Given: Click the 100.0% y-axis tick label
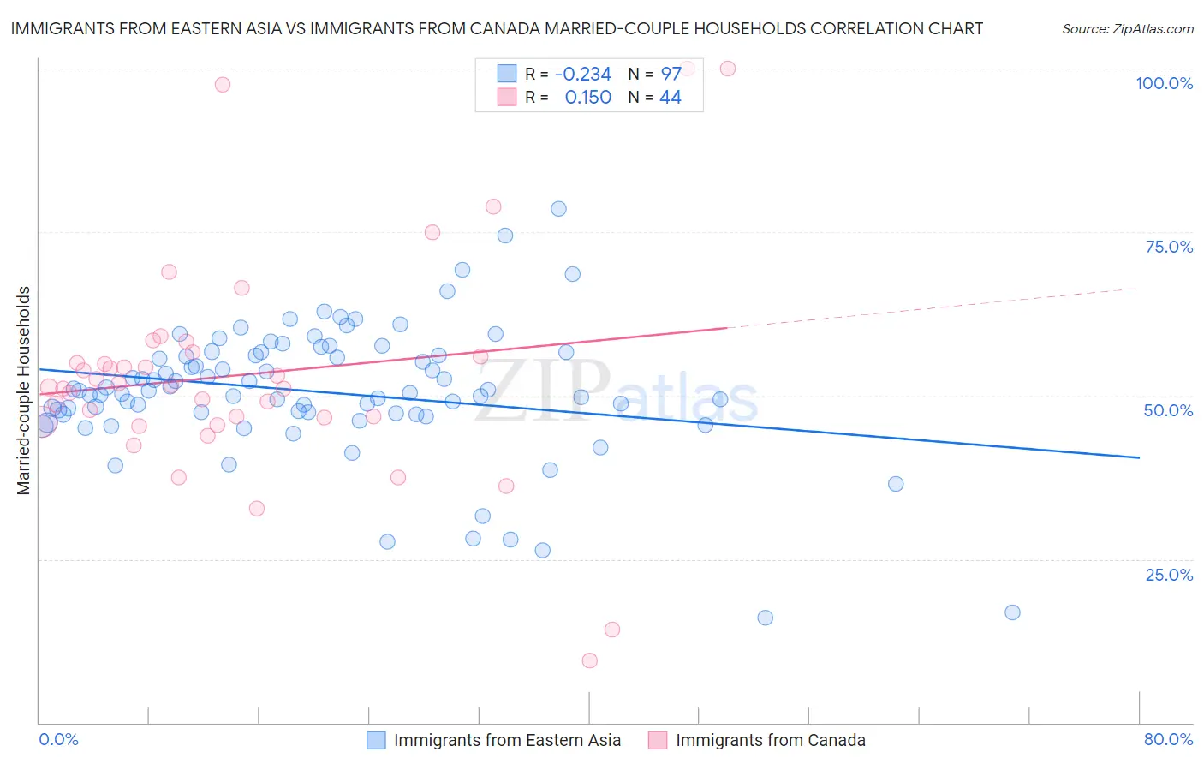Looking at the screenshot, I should pyautogui.click(x=1164, y=83).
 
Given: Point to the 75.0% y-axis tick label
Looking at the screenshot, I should pyautogui.click(x=1169, y=247).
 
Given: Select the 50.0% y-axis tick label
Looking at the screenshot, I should pyautogui.click(x=1168, y=410).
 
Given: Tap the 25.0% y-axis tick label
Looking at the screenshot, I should pyautogui.click(x=1169, y=574).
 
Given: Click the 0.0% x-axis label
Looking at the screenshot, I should pyautogui.click(x=58, y=739).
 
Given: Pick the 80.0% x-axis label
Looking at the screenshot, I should pyautogui.click(x=1168, y=739).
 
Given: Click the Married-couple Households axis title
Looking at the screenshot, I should pyautogui.click(x=24, y=390).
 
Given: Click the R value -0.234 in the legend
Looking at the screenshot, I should pyautogui.click(x=582, y=74).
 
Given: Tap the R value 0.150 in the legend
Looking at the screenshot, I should pyautogui.click(x=587, y=98).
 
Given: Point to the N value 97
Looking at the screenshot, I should pyautogui.click(x=671, y=74).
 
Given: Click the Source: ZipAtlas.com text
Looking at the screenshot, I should pyautogui.click(x=1127, y=29).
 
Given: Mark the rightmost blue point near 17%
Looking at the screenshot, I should pyautogui.click(x=1012, y=612).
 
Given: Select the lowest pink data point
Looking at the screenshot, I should pyautogui.click(x=589, y=660).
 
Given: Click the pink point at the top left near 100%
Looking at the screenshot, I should pyautogui.click(x=223, y=84).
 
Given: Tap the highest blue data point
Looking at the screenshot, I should pyautogui.click(x=558, y=209).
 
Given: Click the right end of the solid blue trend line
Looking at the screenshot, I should pyautogui.click(x=1139, y=458).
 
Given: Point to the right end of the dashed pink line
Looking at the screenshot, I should pyautogui.click(x=1137, y=289).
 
